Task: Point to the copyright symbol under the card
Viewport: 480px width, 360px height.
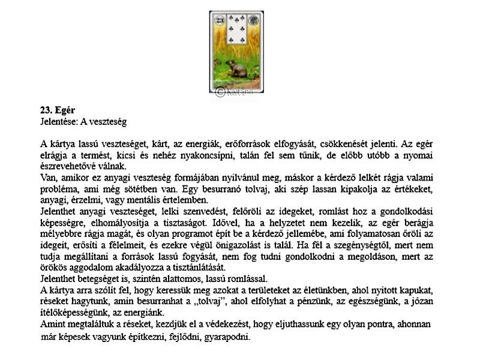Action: coord(220,91)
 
